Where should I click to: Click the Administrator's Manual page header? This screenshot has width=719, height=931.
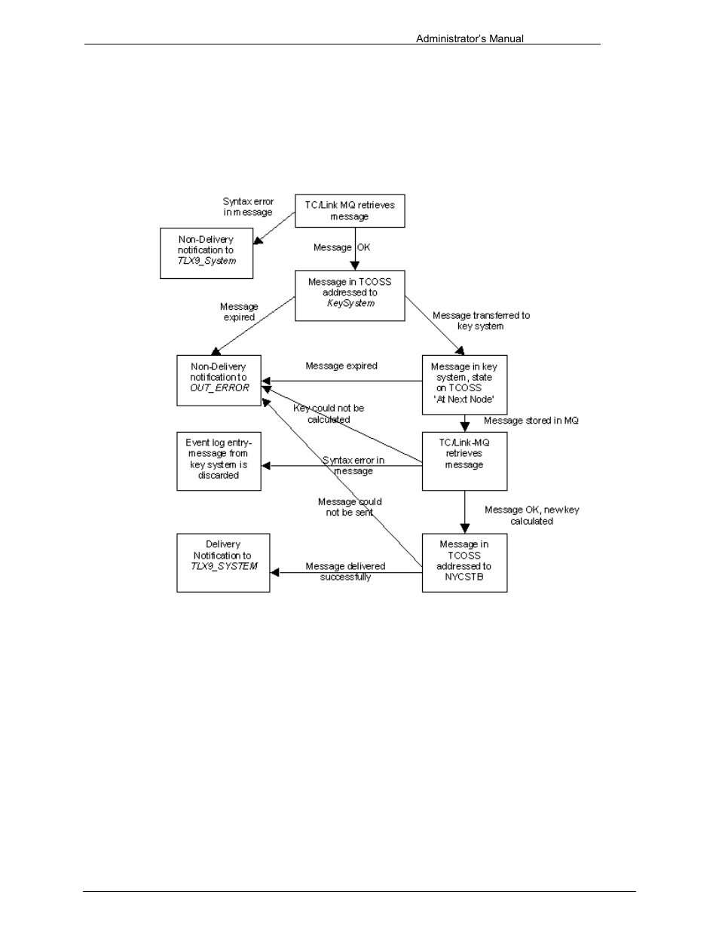pos(470,39)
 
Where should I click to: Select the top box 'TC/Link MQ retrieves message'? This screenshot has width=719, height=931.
pos(350,211)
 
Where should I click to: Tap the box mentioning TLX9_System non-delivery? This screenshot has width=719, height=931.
pos(207,253)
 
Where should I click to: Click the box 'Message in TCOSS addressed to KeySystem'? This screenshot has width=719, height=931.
pos(350,296)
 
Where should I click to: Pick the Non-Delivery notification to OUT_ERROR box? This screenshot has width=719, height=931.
pos(219,380)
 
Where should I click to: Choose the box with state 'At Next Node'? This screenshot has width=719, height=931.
pos(464,384)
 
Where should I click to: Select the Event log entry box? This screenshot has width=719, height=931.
pos(219,461)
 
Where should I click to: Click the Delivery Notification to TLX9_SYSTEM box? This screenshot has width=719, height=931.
pos(223,562)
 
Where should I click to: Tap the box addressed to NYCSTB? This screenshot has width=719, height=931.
pos(464,562)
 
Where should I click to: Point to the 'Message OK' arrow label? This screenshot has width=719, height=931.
pos(341,247)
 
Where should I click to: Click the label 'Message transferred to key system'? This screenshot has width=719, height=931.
pos(481,320)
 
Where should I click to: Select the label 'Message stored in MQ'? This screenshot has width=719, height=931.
pos(531,421)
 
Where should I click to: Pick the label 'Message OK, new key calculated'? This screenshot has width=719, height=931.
pos(532,516)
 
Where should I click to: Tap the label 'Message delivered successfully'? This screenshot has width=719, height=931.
pos(346,571)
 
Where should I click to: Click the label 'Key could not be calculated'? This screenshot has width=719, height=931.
pos(329,414)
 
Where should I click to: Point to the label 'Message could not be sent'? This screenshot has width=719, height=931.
pos(350,507)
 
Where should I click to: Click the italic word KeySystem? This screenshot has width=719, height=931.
pos(350,303)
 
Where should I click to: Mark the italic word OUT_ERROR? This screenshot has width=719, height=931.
pos(219,388)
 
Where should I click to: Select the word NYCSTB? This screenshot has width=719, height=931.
pos(464,577)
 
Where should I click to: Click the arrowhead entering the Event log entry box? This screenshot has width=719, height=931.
pos(265,466)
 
